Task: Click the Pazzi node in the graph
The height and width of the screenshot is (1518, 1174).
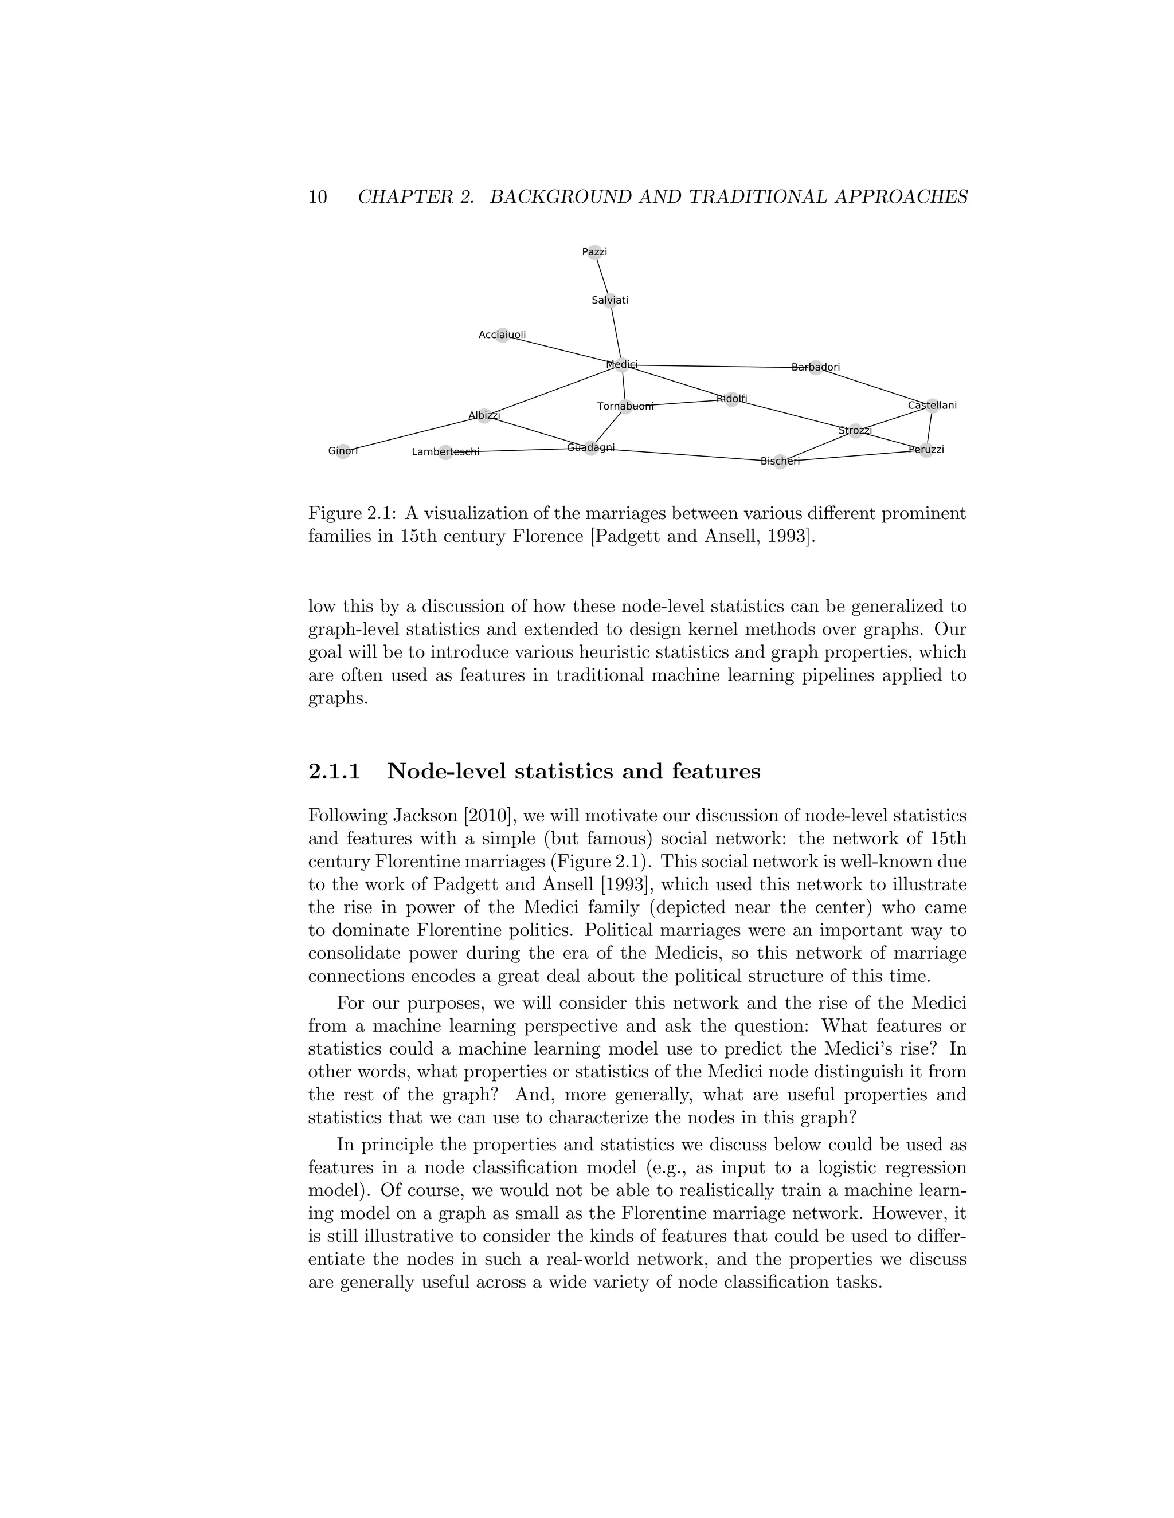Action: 594,252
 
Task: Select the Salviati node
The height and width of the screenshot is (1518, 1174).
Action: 610,300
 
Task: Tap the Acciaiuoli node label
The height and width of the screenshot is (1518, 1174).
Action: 502,335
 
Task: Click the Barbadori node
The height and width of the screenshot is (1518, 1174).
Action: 816,367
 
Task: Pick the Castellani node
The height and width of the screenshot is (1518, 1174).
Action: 932,405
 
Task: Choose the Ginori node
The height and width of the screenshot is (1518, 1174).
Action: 343,451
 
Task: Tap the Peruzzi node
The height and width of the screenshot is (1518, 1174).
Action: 926,450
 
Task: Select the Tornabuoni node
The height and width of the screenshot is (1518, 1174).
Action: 625,407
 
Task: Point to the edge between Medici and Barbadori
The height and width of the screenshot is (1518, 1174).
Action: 717,366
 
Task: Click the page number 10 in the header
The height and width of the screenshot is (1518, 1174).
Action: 318,198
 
